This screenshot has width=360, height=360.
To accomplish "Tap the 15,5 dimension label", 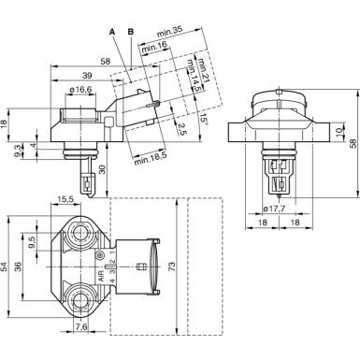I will click(67, 200).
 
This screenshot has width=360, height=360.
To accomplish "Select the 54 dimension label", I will click(8, 267).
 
